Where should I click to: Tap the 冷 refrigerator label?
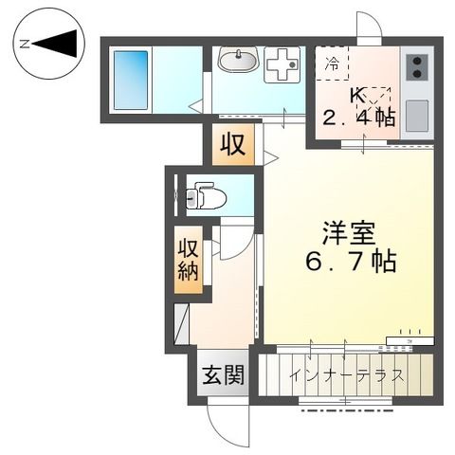tap(332, 65)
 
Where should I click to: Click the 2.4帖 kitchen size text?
tap(361, 118)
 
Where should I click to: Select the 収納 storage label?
tap(186, 258)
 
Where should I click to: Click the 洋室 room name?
tap(342, 231)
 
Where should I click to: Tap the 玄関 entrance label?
tap(222, 373)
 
